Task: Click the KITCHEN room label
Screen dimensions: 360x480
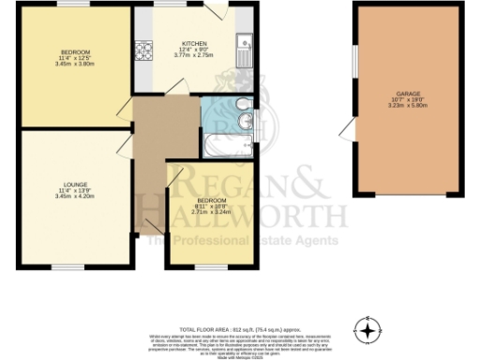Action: click(193, 43)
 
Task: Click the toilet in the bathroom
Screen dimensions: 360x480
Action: click(242, 102)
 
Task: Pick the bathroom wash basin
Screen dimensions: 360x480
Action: click(245, 123)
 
